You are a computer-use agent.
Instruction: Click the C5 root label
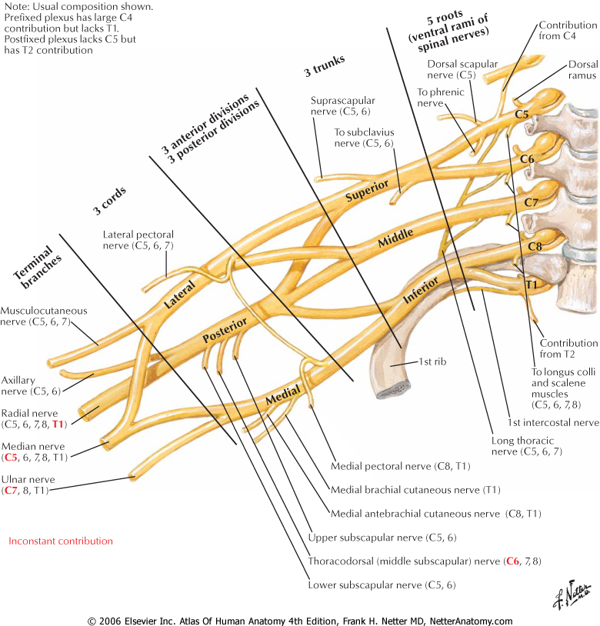(522, 115)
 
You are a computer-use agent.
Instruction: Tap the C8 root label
(535, 246)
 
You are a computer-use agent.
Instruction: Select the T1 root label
(531, 285)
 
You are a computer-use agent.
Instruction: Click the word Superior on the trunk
(366, 191)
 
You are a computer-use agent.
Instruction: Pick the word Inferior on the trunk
(420, 290)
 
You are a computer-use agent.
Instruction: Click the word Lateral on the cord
(180, 295)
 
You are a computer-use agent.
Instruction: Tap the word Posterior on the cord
(225, 330)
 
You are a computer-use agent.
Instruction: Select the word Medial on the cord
(282, 395)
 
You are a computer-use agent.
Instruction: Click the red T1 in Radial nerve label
(58, 424)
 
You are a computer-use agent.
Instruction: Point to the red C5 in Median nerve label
(11, 457)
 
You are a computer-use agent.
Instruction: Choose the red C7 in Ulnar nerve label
(11, 490)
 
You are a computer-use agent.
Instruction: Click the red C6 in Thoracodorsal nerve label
(512, 561)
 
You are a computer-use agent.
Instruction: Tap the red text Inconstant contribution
(61, 541)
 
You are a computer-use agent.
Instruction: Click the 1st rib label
(432, 361)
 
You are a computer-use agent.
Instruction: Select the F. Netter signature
(572, 594)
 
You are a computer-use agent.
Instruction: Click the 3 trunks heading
(324, 66)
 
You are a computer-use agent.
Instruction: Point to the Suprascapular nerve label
(342, 106)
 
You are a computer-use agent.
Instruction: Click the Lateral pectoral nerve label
(138, 240)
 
